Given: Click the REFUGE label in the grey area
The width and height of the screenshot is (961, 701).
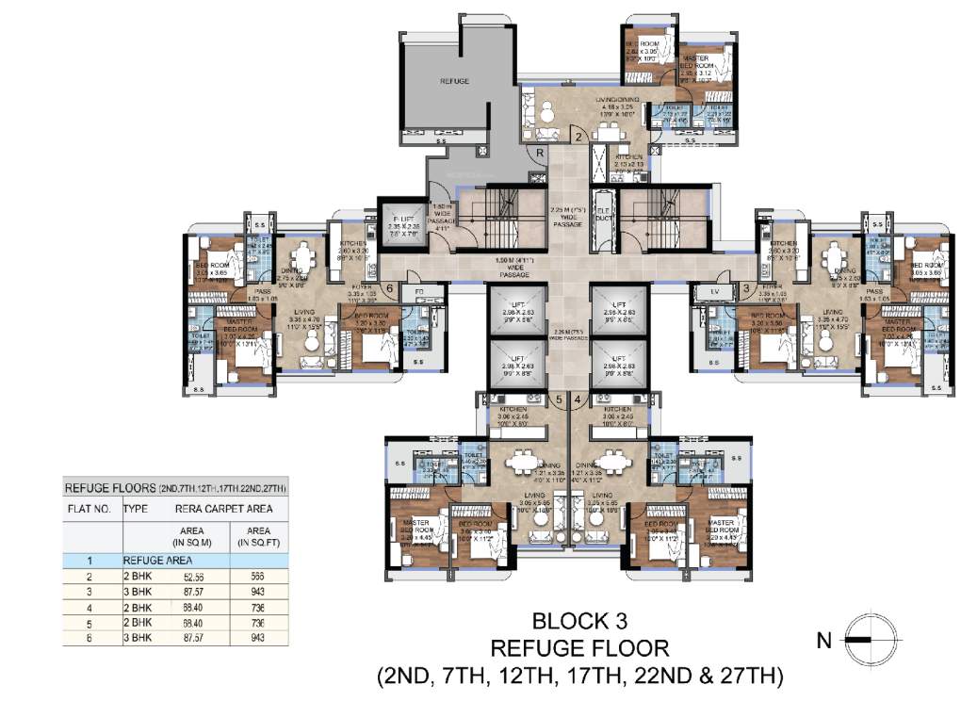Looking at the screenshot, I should pos(454,82).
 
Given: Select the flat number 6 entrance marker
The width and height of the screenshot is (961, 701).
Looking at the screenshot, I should pos(390,288).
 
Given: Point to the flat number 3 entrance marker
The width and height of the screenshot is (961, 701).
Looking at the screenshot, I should pos(745,288).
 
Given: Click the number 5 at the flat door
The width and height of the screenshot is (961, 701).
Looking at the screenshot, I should pos(559,399).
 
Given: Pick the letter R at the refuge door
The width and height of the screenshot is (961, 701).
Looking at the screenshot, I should pos(540,155).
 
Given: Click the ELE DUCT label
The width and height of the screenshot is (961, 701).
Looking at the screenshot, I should pos(604,214).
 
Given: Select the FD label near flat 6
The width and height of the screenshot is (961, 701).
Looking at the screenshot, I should pos(418,291).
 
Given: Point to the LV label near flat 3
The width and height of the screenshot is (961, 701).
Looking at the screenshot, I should pos(713,292).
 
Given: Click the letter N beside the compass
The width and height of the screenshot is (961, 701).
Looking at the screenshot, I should pos(823,642).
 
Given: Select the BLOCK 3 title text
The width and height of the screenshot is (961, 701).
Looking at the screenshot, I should pos(578,621).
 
